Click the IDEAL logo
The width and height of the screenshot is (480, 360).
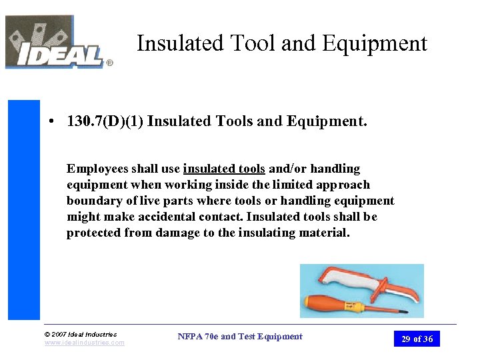coord(57,43)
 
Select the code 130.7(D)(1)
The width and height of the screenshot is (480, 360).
coord(105,121)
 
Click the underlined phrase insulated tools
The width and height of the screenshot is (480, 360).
coord(224,169)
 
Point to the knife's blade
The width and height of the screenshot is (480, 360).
coord(400,292)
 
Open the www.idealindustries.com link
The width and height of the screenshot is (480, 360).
coord(84,343)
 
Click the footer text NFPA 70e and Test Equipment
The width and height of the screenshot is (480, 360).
coord(240,337)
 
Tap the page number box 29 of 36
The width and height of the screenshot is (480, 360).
coord(417,339)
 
